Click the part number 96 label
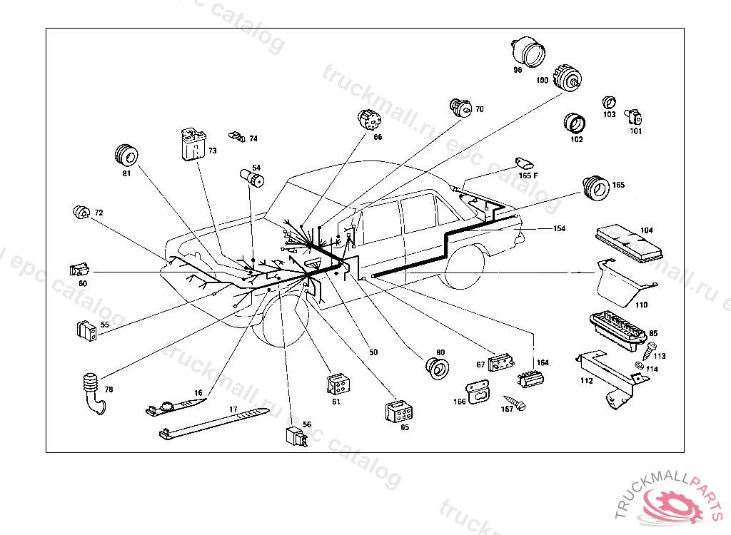[x=518, y=70]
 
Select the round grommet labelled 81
[x=126, y=155]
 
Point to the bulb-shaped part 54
[x=251, y=177]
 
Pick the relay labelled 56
[x=295, y=435]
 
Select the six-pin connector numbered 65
[x=397, y=413]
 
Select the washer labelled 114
[x=639, y=367]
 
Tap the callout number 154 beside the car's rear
[x=559, y=229]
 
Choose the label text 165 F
[x=528, y=175]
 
